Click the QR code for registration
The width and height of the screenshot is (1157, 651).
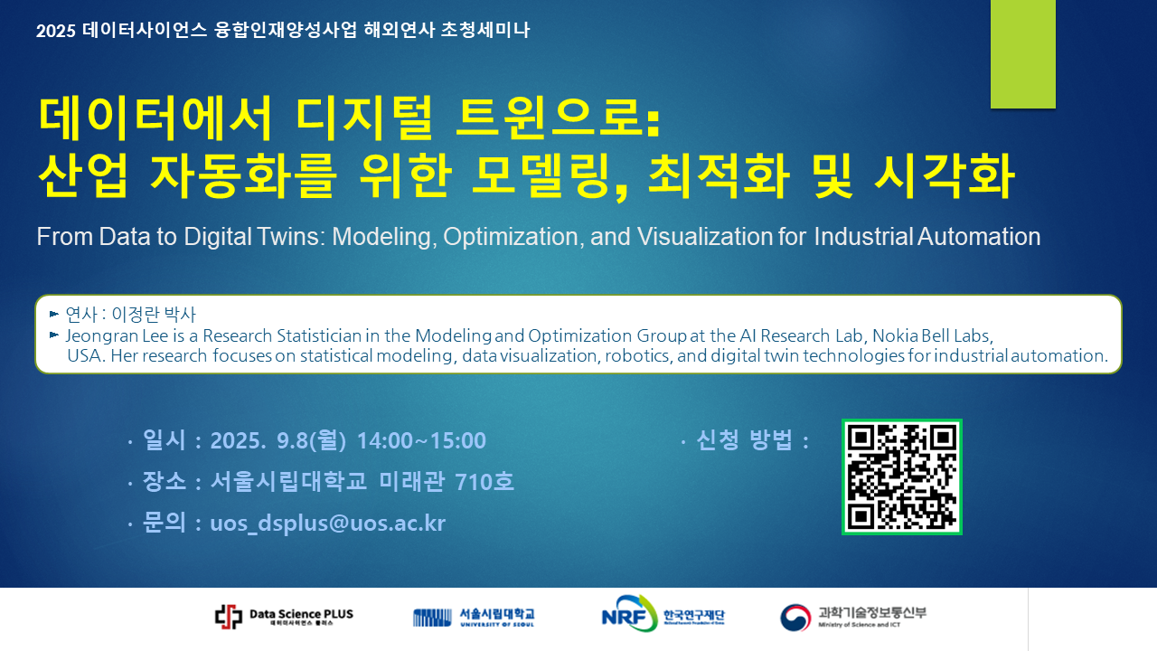coord(902,476)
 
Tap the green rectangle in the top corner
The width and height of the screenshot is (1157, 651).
coord(1022,53)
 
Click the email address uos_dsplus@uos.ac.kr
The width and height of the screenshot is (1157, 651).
coord(327,523)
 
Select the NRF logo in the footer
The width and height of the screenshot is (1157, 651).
coord(663,614)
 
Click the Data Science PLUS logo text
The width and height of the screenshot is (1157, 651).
coord(301,614)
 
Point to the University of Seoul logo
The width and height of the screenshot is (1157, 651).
coord(474,617)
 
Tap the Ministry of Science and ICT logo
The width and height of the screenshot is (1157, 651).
coord(853,617)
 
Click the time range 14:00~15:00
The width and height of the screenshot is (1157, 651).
coord(421,440)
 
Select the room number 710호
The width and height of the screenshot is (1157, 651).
coord(484,482)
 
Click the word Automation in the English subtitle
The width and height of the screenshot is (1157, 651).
coord(979,237)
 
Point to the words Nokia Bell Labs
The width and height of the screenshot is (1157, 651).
coord(932,335)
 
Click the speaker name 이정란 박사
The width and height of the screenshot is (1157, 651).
coord(154,314)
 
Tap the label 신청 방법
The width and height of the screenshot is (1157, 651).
coord(744,439)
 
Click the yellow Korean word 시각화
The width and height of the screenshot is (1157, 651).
coord(945,175)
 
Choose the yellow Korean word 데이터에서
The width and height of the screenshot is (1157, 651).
coord(155,118)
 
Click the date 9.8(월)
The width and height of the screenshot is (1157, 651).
coord(311,440)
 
